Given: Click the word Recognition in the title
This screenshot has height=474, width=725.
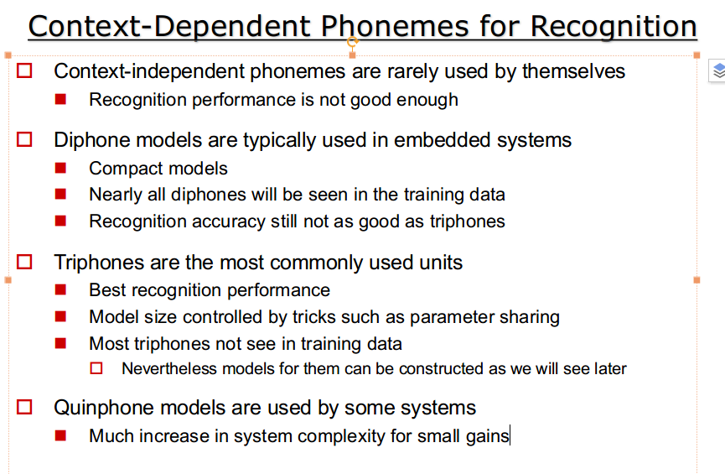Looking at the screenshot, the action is point(613,27).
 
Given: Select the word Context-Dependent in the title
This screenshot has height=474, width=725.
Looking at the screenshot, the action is point(169,27).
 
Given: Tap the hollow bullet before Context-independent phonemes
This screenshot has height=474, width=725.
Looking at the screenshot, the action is point(24,70).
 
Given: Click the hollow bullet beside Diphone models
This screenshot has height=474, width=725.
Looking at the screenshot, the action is point(24,139).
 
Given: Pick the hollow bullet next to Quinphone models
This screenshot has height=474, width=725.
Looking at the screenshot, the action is point(24,408).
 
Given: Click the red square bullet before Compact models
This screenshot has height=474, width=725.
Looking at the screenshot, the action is point(60,168).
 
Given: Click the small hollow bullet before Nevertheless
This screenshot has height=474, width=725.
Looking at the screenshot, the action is point(96,368).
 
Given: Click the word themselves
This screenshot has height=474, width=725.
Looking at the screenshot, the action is point(573,71).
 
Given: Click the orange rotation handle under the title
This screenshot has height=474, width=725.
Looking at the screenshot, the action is point(352,42).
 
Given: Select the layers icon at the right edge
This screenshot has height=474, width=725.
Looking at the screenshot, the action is point(718,71).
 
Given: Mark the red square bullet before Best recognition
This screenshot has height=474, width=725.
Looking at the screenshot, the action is point(60,289).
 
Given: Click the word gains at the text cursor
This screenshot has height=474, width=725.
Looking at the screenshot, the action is point(487,436).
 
